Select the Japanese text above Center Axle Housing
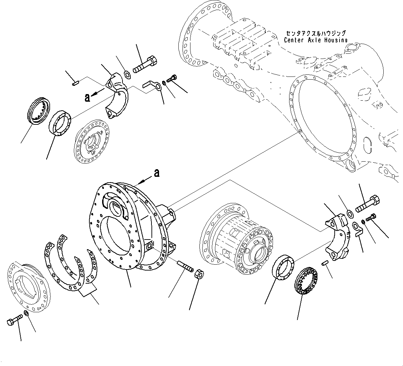coord(315,33)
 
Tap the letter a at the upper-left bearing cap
coord(88,98)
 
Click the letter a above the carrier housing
coord(157,173)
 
